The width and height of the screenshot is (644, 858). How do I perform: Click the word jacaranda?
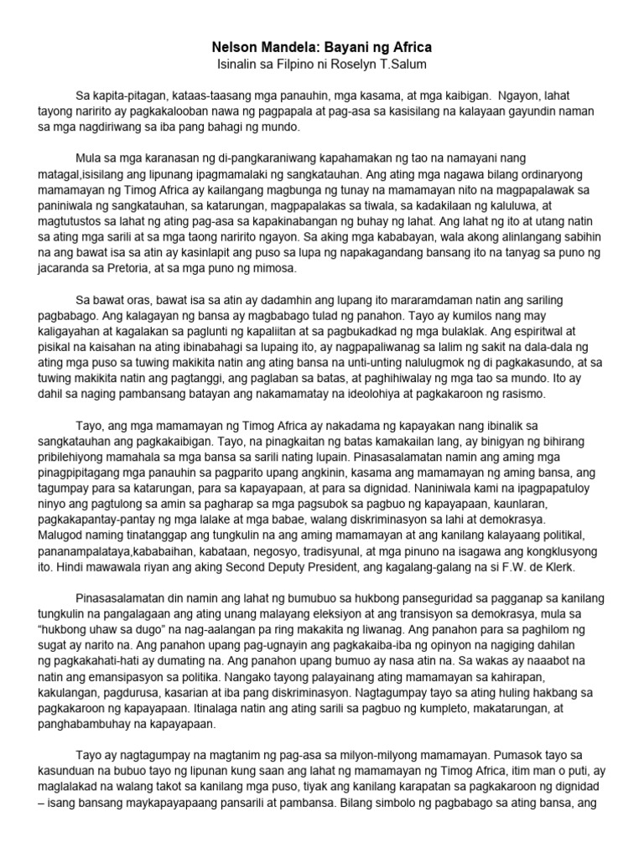tap(70, 271)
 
